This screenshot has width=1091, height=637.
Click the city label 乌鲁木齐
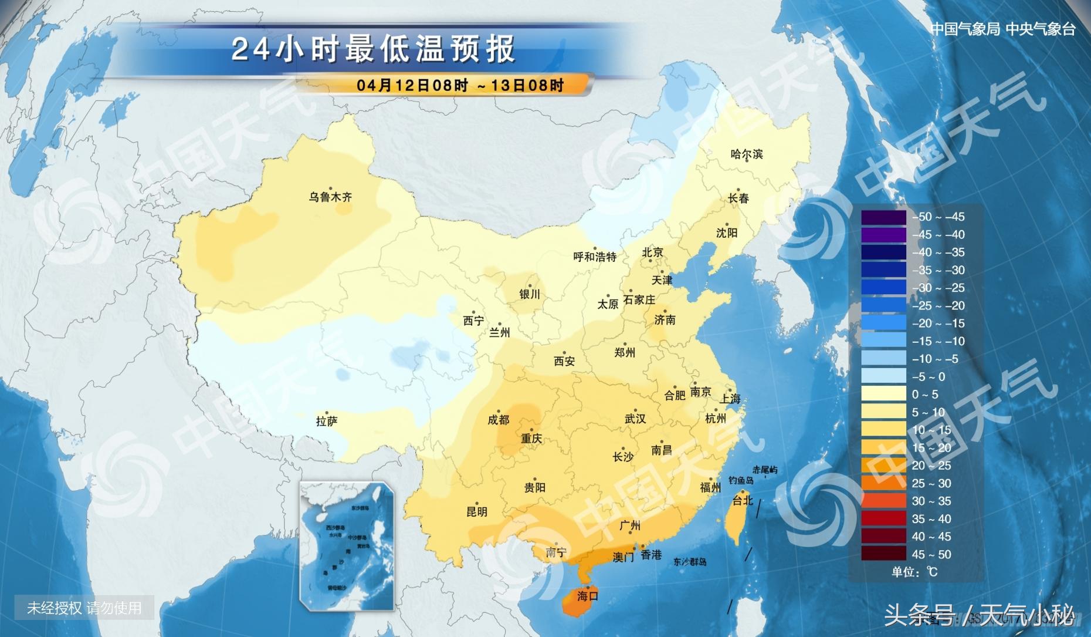(330, 197)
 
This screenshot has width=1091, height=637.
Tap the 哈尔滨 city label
(746, 154)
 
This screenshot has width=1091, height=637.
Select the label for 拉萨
(327, 421)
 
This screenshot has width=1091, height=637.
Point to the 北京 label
(652, 252)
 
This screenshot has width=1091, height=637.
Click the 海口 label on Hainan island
(587, 596)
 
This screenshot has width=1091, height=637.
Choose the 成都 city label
(498, 419)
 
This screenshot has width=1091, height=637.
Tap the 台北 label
(742, 500)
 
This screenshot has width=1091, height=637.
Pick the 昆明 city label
(476, 511)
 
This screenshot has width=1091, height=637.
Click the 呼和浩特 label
(595, 257)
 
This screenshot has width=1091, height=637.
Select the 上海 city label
(730, 399)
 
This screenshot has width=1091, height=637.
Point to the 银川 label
(529, 294)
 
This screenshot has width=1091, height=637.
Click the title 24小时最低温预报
(373, 49)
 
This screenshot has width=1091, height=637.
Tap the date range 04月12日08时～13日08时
(460, 85)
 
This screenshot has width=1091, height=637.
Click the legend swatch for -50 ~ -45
(883, 217)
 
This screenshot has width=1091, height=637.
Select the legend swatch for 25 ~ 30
(883, 483)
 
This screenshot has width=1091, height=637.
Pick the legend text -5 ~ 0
(929, 376)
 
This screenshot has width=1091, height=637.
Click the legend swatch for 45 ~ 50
(883, 554)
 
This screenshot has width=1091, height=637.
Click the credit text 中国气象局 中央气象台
(1003, 29)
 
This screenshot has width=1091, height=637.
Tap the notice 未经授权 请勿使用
(84, 608)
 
